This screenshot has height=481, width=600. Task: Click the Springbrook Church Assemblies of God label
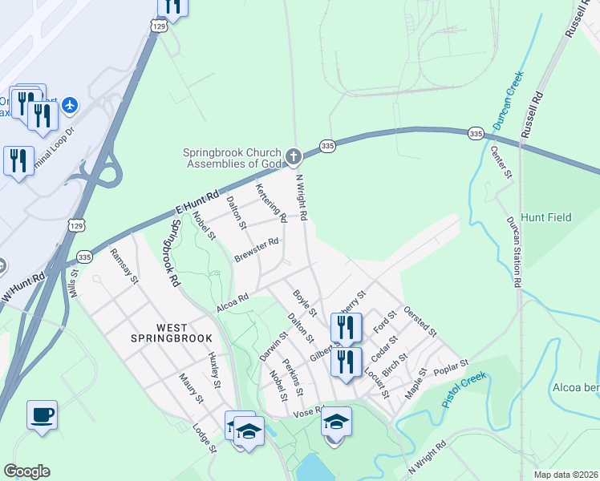[232, 159]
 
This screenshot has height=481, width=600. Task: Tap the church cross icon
[294, 156]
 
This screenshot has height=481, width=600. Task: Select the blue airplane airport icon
[70, 104]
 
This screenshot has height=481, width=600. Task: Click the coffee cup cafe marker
[42, 415]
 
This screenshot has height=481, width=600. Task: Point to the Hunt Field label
[545, 217]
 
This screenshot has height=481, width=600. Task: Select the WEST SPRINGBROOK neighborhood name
[160, 333]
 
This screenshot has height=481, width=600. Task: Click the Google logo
[26, 471]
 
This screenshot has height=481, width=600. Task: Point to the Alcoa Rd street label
[233, 302]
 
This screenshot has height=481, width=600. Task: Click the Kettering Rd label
[271, 203]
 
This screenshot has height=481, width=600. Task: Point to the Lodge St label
[204, 438]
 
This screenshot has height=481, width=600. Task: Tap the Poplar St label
[450, 366]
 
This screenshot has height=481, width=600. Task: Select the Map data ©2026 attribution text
[565, 475]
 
